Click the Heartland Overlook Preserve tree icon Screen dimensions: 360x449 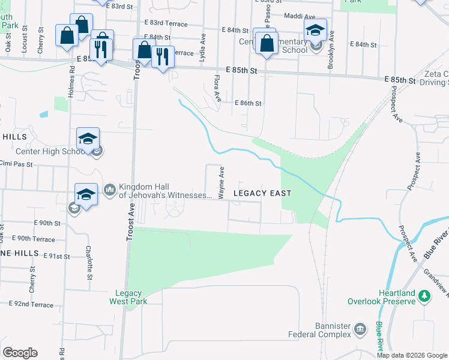(x=424, y=295)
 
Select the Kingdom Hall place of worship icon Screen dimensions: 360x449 (x=109, y=190)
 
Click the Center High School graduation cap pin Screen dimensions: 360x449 (x=88, y=140)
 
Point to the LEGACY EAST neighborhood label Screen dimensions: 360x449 (x=262, y=193)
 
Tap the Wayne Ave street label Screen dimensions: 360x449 (x=221, y=184)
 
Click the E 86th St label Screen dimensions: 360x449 (x=248, y=103)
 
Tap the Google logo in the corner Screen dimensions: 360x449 (x=20, y=352)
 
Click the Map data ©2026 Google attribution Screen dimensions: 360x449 (x=412, y=355)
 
